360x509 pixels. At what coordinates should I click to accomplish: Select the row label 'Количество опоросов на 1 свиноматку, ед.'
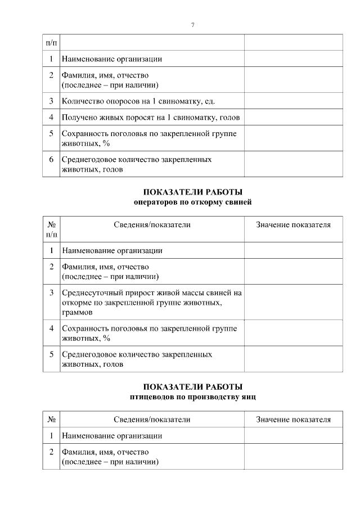(138, 101)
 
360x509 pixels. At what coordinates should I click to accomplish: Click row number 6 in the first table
(51, 160)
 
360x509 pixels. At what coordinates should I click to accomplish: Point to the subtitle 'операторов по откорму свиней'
(193, 201)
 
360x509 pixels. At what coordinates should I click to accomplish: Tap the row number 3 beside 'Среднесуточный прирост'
(51, 293)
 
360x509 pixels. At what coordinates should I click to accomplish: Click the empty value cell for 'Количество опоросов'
(293, 101)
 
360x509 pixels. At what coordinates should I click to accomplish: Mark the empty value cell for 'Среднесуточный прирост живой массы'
(293, 301)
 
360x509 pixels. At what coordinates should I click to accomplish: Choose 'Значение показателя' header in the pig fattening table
(293, 225)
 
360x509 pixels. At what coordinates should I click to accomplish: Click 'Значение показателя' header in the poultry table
(293, 420)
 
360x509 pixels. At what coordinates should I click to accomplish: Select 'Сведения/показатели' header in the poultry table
(152, 420)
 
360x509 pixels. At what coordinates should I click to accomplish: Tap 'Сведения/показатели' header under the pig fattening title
(152, 225)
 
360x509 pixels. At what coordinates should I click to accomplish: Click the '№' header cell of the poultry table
(51, 420)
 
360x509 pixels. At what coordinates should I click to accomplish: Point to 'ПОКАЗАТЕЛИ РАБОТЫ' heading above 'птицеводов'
(193, 387)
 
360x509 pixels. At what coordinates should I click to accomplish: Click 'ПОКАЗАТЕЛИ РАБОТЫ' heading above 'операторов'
(193, 191)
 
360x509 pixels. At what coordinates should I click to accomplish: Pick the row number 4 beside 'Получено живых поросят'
(51, 118)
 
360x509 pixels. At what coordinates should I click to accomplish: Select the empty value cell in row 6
(293, 164)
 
